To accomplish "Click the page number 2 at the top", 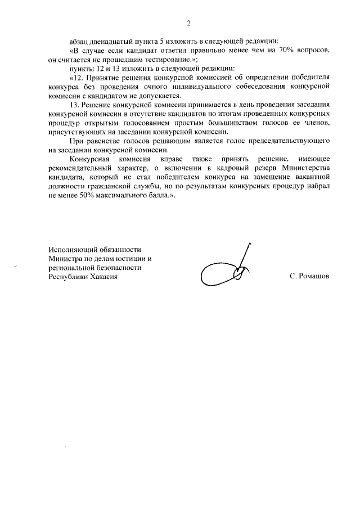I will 188,23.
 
